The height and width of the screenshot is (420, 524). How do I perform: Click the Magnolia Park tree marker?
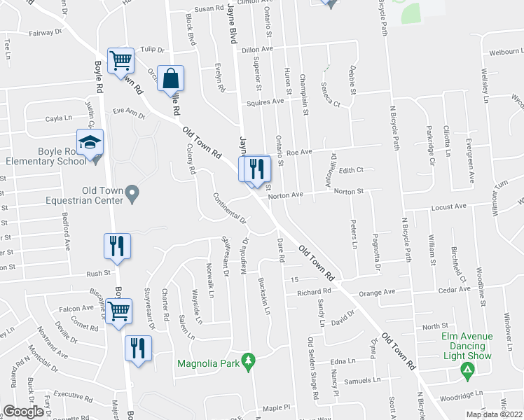click(247, 360)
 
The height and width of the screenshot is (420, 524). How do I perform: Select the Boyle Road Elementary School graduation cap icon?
click(90, 143)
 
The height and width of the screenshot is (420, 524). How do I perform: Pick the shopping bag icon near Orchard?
click(170, 79)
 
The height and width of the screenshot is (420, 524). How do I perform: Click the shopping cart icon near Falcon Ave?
click(118, 311)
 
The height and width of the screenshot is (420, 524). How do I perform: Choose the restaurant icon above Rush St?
click(116, 246)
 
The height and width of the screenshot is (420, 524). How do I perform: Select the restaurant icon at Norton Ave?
click(256, 169)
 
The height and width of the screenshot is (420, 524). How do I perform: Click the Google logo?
click(24, 412)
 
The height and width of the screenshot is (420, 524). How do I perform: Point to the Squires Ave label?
click(263, 101)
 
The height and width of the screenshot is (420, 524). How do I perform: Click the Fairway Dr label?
click(46, 32)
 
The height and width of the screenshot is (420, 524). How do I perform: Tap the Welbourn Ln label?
click(506, 52)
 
